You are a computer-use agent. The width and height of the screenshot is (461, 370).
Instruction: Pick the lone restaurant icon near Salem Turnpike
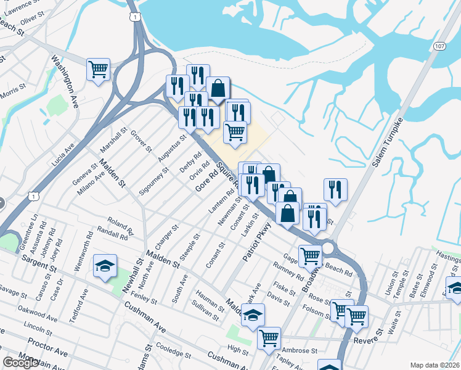(335, 189)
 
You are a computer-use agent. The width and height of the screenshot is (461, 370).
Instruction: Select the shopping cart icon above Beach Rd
(310, 255)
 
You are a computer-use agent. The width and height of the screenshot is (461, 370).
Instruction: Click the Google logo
(20, 363)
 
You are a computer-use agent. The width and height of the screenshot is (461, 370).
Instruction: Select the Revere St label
(369, 340)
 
